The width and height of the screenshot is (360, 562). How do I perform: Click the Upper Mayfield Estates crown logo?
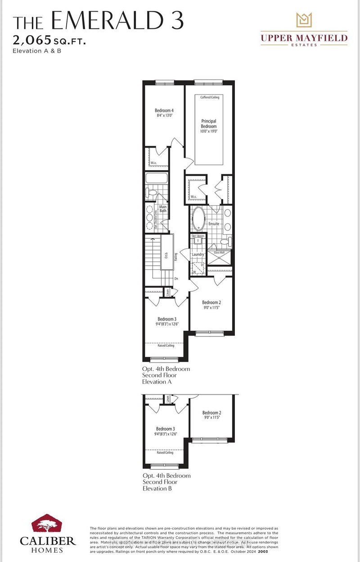303,21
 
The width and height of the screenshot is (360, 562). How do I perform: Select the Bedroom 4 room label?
164,110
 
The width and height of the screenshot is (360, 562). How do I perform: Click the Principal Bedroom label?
209,124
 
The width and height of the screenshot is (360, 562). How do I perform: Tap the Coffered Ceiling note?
209,97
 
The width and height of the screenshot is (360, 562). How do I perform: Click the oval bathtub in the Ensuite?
198,219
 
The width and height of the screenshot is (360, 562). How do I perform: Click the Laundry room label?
198,254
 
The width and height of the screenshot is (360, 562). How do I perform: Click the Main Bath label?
162,209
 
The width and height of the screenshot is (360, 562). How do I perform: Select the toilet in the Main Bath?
152,193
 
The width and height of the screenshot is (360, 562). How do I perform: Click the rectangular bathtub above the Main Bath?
156,178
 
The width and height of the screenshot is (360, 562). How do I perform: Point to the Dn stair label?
177,278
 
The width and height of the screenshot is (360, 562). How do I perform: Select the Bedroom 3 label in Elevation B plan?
165,429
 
